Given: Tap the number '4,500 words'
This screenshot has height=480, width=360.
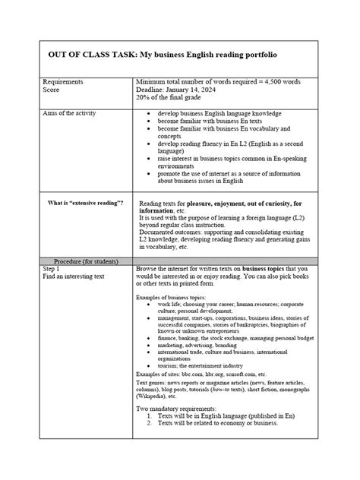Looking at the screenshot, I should [279, 81].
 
